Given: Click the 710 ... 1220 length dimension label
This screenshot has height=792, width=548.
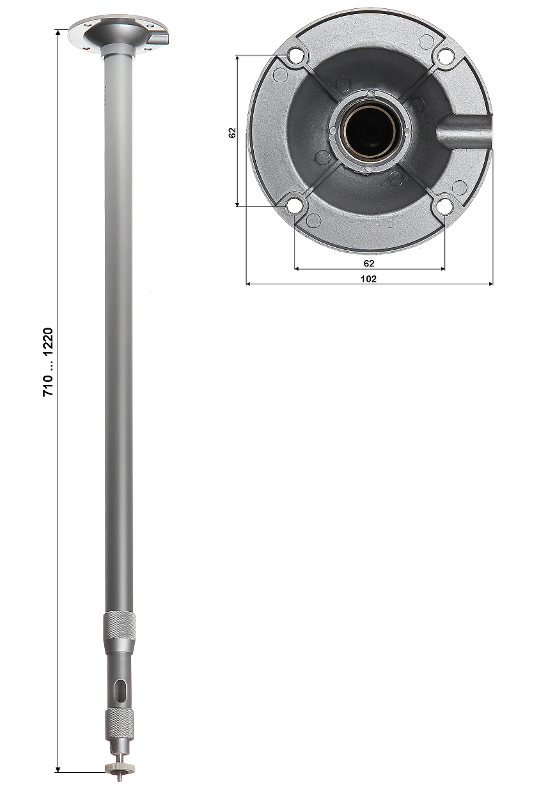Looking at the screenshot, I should [x=49, y=363].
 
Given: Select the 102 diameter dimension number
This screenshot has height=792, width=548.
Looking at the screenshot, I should [x=369, y=278].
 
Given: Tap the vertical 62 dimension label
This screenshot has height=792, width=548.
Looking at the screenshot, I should [x=232, y=132].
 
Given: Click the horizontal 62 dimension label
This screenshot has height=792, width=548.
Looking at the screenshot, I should [x=369, y=263].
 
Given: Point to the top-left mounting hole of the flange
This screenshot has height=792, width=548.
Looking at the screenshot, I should [x=295, y=56].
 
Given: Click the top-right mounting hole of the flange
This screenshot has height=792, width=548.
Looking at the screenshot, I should [x=446, y=56].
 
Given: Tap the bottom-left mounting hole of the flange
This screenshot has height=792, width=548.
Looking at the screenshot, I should [x=294, y=206].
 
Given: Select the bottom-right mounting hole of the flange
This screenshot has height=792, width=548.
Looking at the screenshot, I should [x=444, y=206].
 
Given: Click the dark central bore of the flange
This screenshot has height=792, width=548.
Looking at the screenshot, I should [x=370, y=132].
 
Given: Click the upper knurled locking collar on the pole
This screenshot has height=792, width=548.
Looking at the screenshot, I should [x=120, y=625].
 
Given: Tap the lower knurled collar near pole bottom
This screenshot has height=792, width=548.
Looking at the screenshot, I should [x=120, y=721].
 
